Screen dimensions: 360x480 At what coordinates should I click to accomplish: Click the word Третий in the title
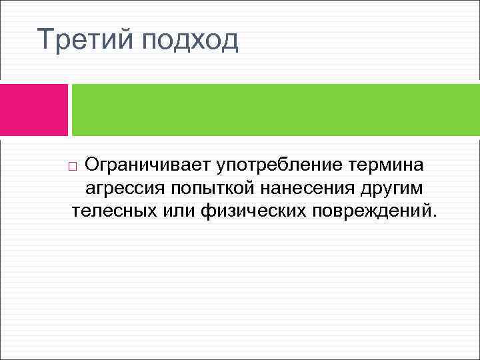[86, 40]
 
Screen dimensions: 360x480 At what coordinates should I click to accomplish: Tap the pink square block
[33, 110]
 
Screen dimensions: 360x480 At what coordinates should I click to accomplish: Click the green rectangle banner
[275, 110]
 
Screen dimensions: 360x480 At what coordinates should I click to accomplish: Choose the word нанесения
[311, 189]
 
